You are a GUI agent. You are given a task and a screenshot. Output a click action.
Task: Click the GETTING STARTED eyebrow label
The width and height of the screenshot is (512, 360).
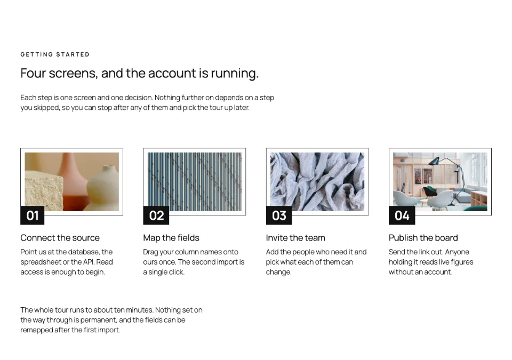pos(55,54)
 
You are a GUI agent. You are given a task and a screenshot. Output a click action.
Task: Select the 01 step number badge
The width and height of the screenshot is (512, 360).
pos(33,215)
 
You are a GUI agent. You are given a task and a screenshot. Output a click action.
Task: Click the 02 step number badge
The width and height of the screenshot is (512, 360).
pos(156,215)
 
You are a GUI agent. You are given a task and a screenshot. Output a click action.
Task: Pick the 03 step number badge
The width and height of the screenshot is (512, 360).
pos(279,215)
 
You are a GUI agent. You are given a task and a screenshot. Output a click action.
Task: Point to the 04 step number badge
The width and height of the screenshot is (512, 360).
pos(402,215)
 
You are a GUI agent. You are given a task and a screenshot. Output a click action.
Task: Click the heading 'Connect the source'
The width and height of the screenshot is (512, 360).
pos(60,238)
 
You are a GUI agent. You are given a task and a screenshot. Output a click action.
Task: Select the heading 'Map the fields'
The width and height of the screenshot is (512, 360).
pos(171,238)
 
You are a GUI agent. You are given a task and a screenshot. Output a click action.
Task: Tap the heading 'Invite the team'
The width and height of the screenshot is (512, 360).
pos(295,238)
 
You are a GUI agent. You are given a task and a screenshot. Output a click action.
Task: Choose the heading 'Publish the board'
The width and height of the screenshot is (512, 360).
pos(423,238)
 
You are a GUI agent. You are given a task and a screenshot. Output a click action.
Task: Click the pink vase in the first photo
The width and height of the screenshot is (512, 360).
pos(75,183)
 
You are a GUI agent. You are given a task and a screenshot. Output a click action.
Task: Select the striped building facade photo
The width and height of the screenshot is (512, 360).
pos(195,182)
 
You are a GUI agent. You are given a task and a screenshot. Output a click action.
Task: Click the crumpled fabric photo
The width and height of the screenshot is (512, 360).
pos(317,182)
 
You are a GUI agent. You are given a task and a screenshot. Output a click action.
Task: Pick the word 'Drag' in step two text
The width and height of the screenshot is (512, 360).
pos(151,252)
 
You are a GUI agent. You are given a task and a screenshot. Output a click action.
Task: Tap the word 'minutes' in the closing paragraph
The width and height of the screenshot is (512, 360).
pos(139,310)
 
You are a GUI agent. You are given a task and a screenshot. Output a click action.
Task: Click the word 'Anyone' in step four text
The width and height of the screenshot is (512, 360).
pos(457,252)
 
